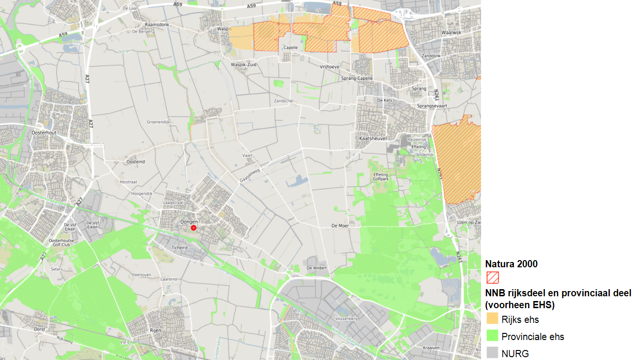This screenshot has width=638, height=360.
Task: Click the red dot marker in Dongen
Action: [x=194, y=228]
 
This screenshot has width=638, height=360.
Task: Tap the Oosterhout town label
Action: [x=43, y=133]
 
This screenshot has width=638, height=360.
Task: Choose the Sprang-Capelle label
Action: [x=357, y=78]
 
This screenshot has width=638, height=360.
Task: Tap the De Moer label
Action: [x=340, y=225]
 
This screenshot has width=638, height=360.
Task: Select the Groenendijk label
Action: [x=158, y=122]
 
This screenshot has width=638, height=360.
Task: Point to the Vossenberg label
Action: [x=346, y=319]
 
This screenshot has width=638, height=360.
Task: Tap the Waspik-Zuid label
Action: [x=245, y=64]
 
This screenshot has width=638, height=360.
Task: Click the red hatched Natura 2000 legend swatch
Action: [x=492, y=277]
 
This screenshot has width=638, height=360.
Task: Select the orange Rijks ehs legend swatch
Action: [x=492, y=319]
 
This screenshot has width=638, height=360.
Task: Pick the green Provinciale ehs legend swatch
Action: [x=492, y=336]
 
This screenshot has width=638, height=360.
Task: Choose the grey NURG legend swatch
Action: [x=492, y=353]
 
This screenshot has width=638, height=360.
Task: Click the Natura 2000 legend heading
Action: [x=511, y=264]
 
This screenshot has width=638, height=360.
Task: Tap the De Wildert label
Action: [x=317, y=268]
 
